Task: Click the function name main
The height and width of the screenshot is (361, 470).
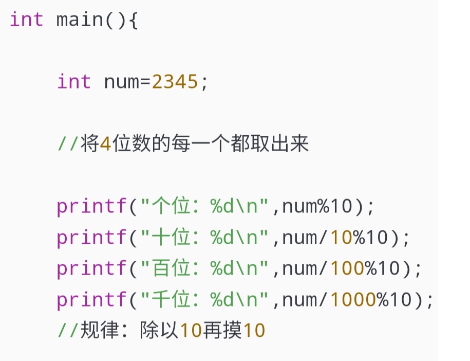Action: (x=80, y=20)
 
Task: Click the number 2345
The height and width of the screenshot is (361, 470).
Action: (x=175, y=82)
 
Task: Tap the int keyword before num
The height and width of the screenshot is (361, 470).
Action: (x=74, y=82)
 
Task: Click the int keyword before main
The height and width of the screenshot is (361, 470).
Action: (x=27, y=20)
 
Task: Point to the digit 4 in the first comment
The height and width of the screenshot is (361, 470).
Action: (x=105, y=145)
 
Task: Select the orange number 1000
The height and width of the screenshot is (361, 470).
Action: (x=354, y=300)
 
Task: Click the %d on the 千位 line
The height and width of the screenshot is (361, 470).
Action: (x=221, y=300)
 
